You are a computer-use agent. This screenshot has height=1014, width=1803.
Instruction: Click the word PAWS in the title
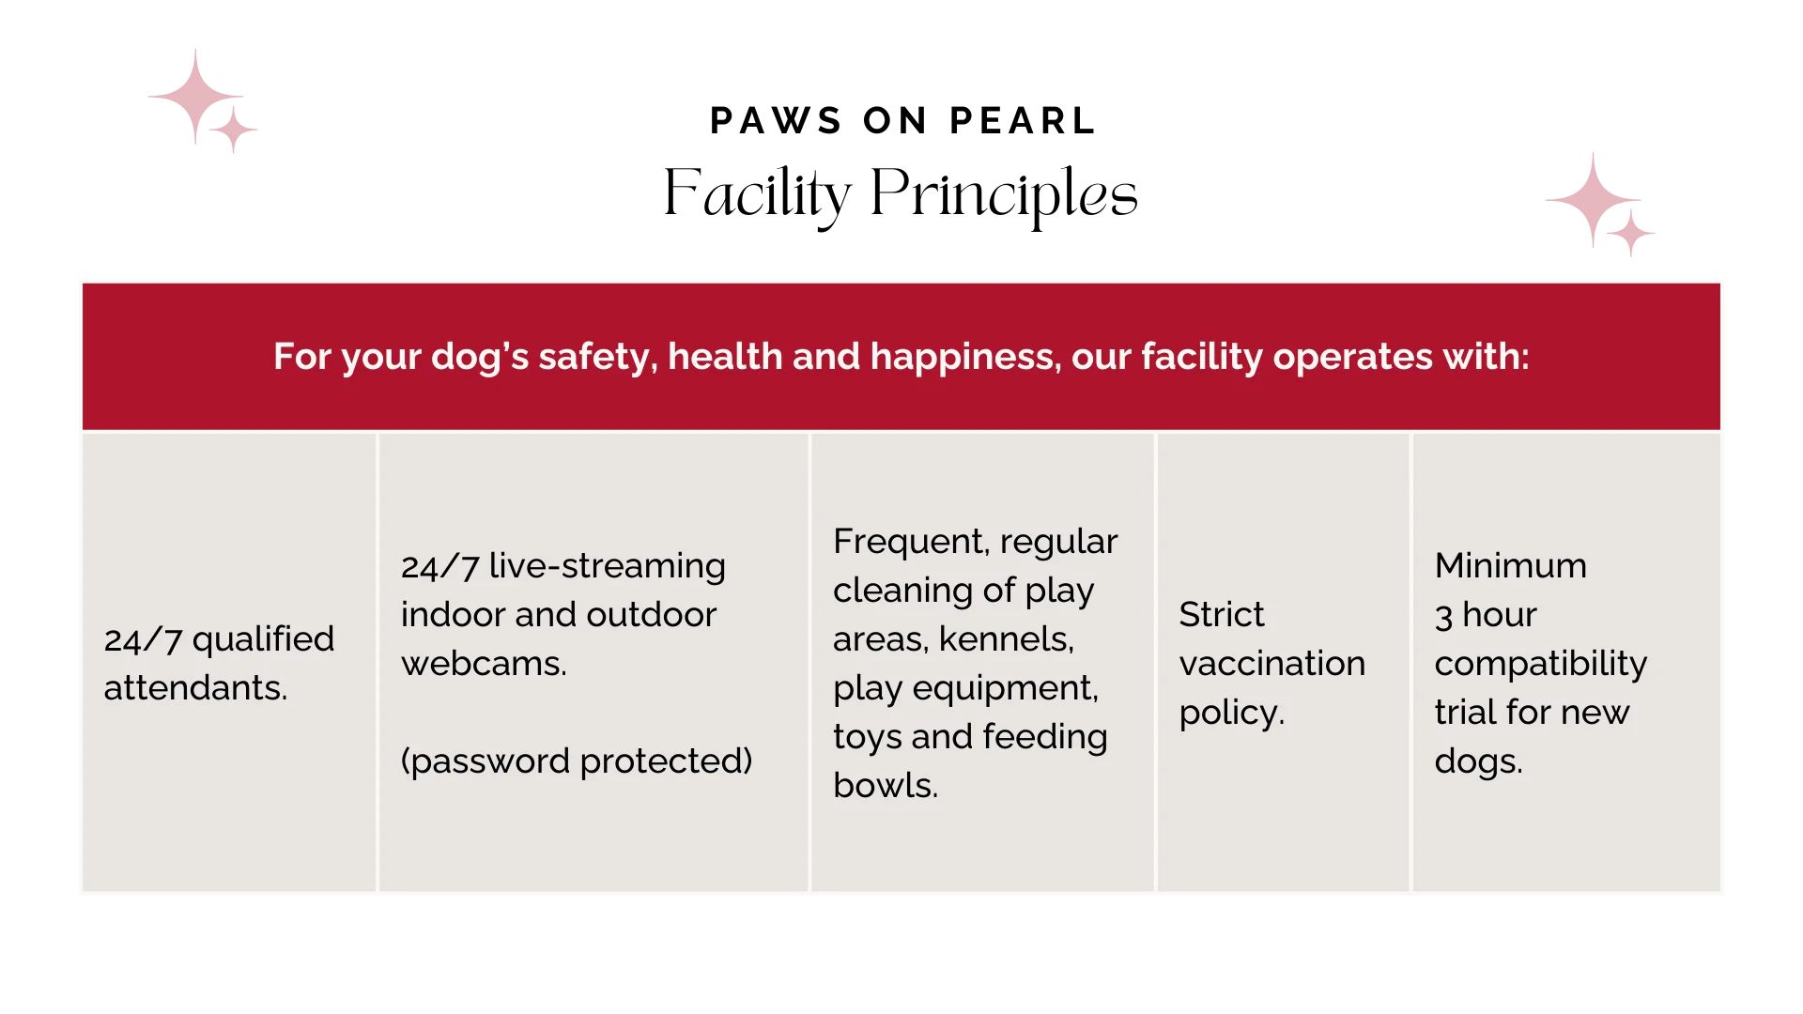point(776,121)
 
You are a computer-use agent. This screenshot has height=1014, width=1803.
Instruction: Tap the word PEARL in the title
point(1023,121)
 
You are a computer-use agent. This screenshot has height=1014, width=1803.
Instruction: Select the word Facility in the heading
point(757,195)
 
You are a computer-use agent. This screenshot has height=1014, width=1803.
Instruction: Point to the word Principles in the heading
point(1004,195)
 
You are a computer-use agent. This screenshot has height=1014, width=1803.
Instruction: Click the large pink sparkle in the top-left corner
point(195,96)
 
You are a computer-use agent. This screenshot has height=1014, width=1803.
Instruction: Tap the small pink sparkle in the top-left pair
point(233,129)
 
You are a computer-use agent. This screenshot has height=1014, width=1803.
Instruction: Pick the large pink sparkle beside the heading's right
point(1593,200)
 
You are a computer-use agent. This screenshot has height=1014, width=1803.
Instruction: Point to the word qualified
point(263,640)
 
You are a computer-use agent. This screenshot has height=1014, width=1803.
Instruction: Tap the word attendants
point(195,688)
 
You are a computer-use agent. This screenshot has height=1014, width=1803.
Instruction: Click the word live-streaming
point(607,567)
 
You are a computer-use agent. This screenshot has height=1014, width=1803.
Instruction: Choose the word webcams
point(484,664)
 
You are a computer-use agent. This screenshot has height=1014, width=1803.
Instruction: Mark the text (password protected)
point(577,761)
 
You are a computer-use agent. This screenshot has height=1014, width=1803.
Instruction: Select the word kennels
point(1007,639)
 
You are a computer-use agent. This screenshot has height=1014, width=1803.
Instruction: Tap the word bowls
point(886,786)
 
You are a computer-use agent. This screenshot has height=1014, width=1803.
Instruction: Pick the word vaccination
point(1272,664)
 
